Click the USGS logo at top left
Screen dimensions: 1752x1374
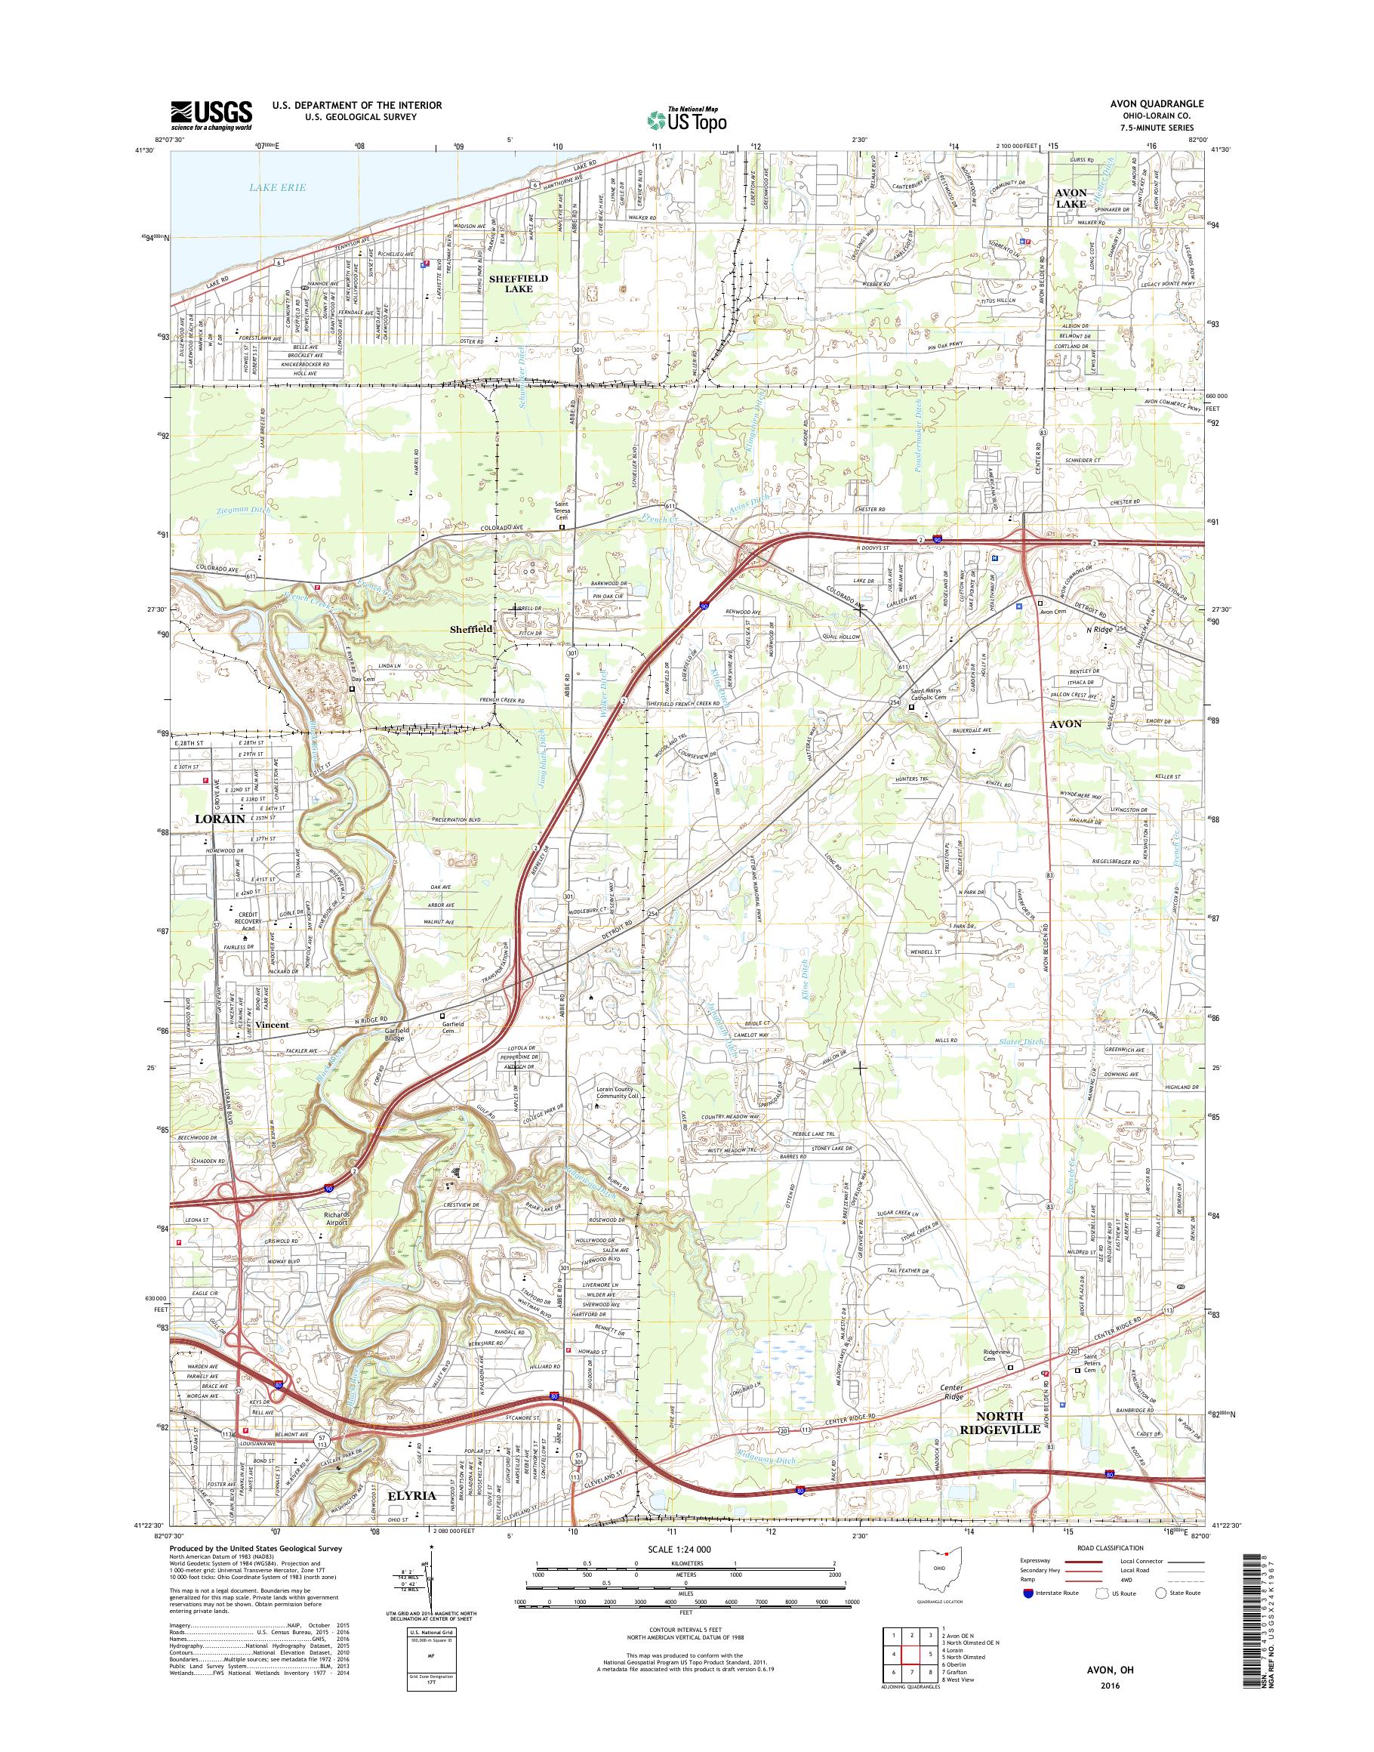[211, 114]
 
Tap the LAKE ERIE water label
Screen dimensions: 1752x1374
[270, 187]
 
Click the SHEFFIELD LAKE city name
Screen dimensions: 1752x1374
[519, 282]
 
